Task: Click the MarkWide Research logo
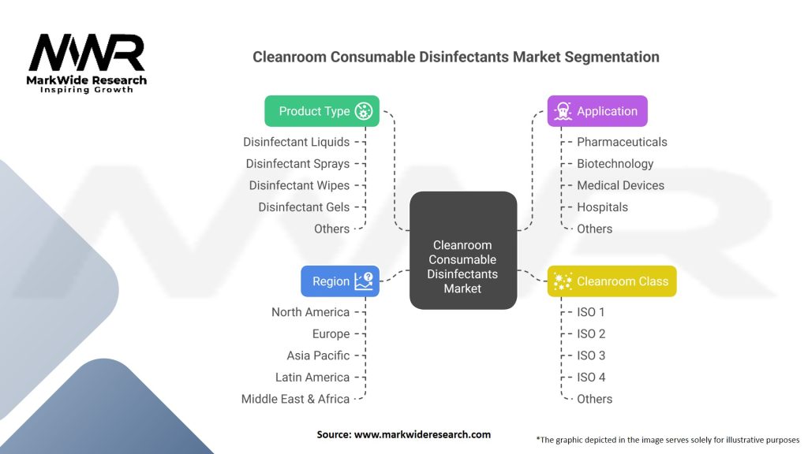pyautogui.click(x=87, y=63)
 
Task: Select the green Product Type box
pyautogui.click(x=321, y=111)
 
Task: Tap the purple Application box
pyautogui.click(x=597, y=111)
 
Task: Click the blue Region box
pyautogui.click(x=339, y=281)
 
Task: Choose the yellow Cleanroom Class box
pyautogui.click(x=612, y=281)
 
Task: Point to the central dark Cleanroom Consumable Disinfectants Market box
pyautogui.click(x=462, y=250)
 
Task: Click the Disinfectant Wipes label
pyautogui.click(x=299, y=185)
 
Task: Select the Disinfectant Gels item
pyautogui.click(x=304, y=207)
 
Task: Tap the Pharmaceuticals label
pyautogui.click(x=622, y=142)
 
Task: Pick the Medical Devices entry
pyautogui.click(x=620, y=185)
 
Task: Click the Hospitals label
pyautogui.click(x=602, y=207)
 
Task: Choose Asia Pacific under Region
pyautogui.click(x=318, y=355)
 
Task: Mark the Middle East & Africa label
pyautogui.click(x=295, y=399)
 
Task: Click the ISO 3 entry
pyautogui.click(x=591, y=355)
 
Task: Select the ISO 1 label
pyautogui.click(x=591, y=312)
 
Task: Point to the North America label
pyautogui.click(x=310, y=312)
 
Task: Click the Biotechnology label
pyautogui.click(x=615, y=164)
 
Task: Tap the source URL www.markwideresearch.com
pyautogui.click(x=423, y=434)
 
